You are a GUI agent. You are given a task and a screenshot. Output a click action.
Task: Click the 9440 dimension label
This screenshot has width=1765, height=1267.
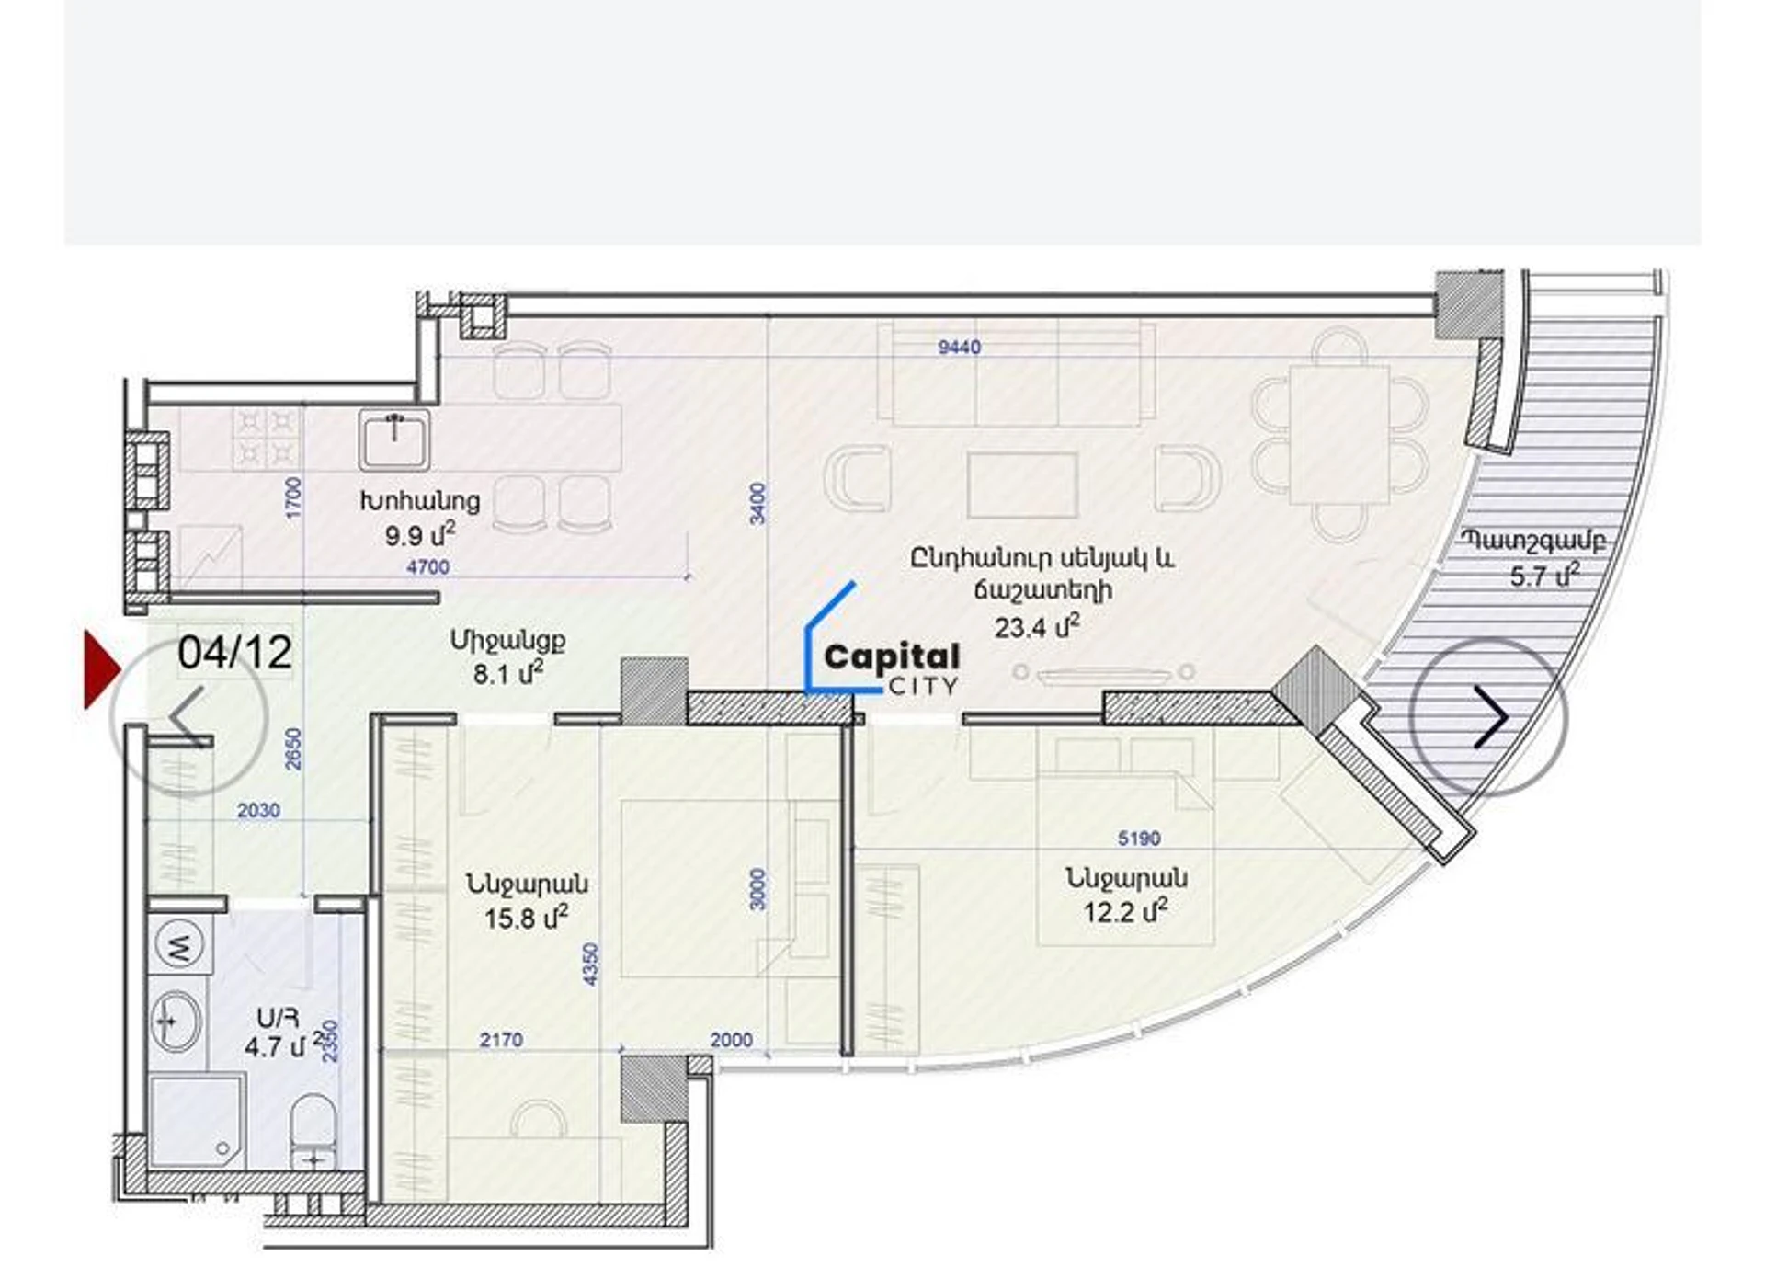(x=959, y=348)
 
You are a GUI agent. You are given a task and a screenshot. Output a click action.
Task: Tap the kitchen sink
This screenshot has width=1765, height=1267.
(x=394, y=439)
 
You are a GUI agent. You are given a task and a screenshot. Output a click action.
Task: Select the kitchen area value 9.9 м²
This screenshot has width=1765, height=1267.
(x=420, y=533)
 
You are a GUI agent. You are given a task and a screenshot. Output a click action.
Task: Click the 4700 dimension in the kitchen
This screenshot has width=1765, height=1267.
(x=427, y=567)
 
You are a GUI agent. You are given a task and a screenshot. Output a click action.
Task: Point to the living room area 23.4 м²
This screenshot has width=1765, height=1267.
(x=1037, y=626)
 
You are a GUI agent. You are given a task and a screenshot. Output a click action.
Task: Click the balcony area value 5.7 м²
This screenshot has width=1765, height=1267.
(x=1544, y=576)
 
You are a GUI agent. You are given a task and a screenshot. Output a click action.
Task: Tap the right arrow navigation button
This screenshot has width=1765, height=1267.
(x=1489, y=716)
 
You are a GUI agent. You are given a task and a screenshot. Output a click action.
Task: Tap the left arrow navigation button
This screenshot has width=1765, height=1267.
(x=188, y=716)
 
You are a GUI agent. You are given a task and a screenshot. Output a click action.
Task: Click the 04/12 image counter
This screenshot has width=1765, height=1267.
(x=235, y=652)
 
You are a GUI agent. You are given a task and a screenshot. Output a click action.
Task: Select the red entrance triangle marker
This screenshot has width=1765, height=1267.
(x=101, y=669)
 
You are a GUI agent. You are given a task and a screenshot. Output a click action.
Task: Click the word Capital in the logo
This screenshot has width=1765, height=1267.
(x=892, y=658)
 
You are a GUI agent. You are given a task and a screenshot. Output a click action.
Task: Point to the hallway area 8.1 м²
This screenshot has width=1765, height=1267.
(x=507, y=673)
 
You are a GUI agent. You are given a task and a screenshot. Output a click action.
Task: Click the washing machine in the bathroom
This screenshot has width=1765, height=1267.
(x=179, y=947)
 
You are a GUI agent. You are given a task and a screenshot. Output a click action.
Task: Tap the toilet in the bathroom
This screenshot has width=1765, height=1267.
(x=313, y=1132)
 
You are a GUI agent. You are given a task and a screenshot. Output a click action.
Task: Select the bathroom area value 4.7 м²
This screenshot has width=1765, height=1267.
(x=284, y=1045)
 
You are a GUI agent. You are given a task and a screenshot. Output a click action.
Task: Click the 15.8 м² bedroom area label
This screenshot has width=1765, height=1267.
(x=526, y=918)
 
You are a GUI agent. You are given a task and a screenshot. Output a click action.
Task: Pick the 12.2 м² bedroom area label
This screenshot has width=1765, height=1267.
(x=1125, y=912)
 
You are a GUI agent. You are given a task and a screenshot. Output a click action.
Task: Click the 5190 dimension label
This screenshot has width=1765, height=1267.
(x=1139, y=839)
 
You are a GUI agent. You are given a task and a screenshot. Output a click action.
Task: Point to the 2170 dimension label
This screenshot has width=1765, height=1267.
(x=501, y=1040)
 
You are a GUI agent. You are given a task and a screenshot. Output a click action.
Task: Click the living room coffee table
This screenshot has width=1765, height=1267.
(x=1022, y=486)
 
